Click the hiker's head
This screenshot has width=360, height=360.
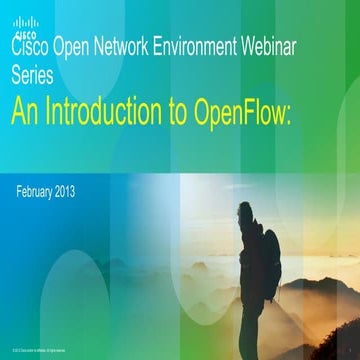click(x=248, y=213)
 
